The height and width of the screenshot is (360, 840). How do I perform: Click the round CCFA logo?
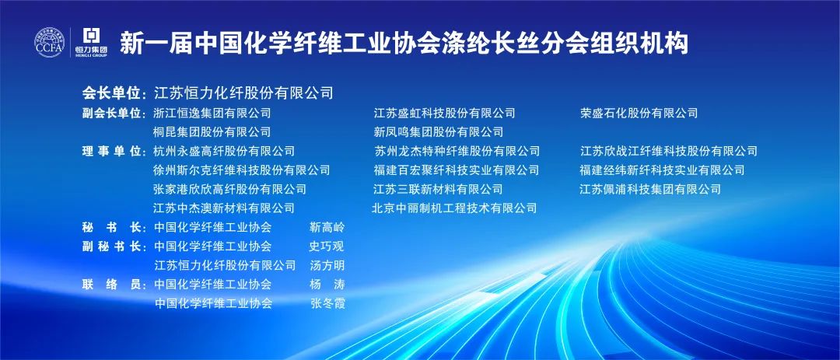pos(50,42)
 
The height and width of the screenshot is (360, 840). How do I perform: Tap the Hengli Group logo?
pos(91,42)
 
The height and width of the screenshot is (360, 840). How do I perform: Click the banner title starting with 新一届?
pos(404,43)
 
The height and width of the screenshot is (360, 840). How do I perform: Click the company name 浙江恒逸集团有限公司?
pos(212,113)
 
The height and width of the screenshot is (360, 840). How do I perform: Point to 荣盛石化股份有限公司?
pos(639,113)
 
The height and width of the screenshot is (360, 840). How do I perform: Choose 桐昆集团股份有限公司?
pos(212,131)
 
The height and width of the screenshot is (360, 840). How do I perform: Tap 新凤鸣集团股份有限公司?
pos(439,131)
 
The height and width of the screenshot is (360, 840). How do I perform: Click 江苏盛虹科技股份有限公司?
pos(445,113)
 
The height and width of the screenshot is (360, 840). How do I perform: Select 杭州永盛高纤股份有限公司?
pos(224,151)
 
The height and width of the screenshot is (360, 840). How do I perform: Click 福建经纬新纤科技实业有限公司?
pos(662,170)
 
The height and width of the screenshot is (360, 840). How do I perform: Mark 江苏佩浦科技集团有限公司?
pos(650,189)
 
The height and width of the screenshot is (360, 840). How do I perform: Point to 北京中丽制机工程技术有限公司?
pos(454,208)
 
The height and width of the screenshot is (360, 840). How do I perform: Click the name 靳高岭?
pos(327,227)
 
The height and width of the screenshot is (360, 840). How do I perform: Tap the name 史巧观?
pos(327,246)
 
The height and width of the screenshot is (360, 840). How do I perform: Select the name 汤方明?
pos(327,265)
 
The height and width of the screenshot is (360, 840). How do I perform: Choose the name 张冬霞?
pos(328,304)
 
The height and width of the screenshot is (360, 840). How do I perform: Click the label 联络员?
pos(111,285)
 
